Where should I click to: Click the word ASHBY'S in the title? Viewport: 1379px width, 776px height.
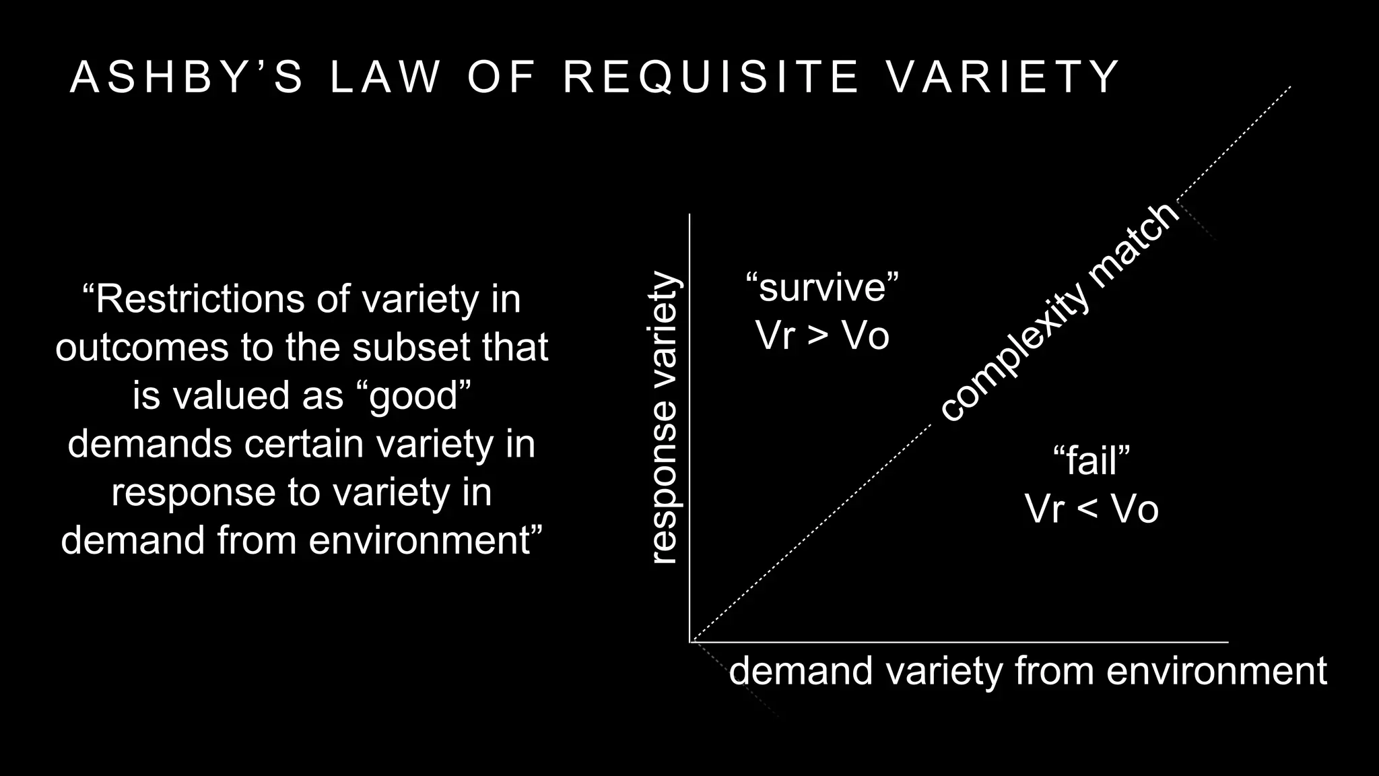tap(187, 76)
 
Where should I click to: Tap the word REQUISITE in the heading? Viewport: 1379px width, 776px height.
tap(712, 76)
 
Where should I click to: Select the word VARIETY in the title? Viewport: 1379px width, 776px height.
tap(1003, 76)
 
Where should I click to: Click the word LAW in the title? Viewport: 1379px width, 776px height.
tap(386, 76)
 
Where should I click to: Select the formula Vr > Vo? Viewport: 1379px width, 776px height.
tap(822, 335)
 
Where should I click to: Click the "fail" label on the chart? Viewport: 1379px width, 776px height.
tap(1091, 460)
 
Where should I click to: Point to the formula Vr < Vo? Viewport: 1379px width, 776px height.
tap(1091, 509)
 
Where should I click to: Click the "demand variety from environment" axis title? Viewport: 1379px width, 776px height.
tap(1028, 671)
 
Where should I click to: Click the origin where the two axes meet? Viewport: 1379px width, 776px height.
tap(690, 642)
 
